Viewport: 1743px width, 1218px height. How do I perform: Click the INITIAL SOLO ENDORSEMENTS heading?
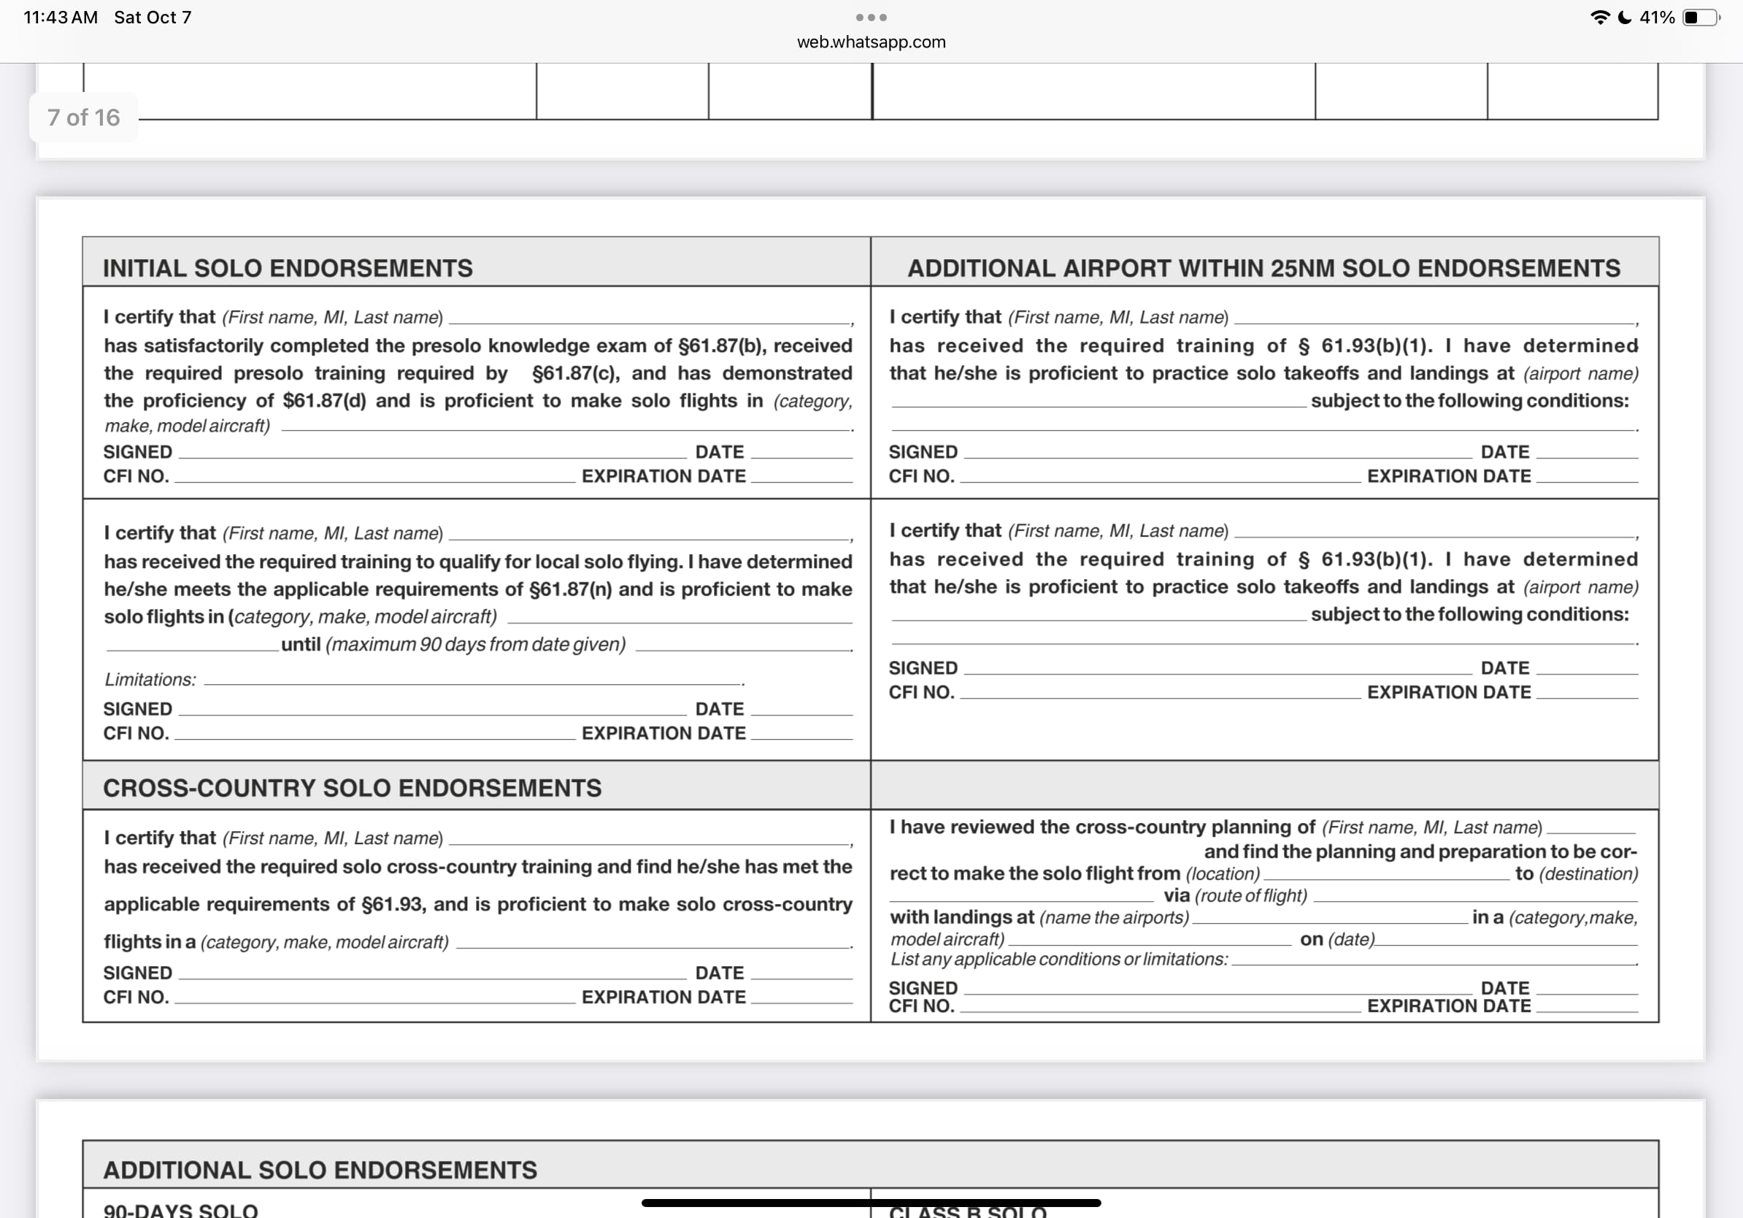[x=288, y=268]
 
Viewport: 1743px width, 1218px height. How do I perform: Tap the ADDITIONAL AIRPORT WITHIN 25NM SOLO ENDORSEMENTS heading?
[x=1263, y=268]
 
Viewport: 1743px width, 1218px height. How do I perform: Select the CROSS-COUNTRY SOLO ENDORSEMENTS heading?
[x=353, y=788]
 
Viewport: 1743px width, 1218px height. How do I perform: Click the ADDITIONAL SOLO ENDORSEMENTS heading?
[x=320, y=1170]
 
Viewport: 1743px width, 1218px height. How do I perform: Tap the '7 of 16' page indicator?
[x=83, y=118]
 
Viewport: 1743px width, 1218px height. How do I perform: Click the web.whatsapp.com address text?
[x=871, y=42]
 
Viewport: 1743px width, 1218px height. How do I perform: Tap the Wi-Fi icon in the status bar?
[x=1599, y=18]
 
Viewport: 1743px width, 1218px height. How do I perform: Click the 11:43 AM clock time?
[x=61, y=18]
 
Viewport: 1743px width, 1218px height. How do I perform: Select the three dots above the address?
[x=871, y=18]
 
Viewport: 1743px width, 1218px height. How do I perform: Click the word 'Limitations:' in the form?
[x=150, y=680]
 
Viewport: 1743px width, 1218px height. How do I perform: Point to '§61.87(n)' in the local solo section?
[x=570, y=590]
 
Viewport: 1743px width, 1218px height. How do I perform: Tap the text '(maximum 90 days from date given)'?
[x=475, y=645]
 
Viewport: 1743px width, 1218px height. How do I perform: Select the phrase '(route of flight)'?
[x=1251, y=896]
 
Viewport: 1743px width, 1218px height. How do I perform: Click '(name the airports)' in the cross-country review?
[x=1114, y=918]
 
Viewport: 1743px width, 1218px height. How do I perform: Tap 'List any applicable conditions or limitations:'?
[x=1059, y=960]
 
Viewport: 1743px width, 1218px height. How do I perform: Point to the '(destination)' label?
[x=1588, y=874]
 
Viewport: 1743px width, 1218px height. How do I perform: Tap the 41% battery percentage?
[x=1656, y=18]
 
